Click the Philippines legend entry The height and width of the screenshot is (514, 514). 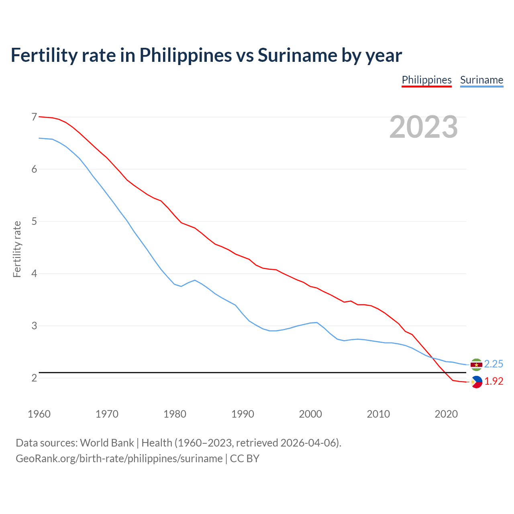click(x=426, y=80)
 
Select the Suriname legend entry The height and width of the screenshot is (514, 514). click(x=481, y=80)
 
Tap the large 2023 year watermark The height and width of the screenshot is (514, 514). click(x=423, y=127)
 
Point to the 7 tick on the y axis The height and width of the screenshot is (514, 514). click(x=34, y=117)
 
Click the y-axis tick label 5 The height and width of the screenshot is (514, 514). click(x=34, y=221)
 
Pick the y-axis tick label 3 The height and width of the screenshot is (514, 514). click(x=34, y=326)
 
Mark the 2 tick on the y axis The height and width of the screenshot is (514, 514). click(x=34, y=378)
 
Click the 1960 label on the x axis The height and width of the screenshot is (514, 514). click(x=39, y=414)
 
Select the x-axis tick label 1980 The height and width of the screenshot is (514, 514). click(x=175, y=414)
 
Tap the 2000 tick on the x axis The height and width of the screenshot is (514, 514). click(x=310, y=414)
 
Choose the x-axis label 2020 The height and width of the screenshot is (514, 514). click(x=446, y=414)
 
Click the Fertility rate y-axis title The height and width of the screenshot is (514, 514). click(x=17, y=249)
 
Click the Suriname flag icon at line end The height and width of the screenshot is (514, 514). click(x=476, y=364)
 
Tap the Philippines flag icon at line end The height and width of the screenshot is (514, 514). click(x=476, y=382)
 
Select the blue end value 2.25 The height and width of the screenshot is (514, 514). click(x=494, y=364)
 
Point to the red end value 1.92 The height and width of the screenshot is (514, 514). click(x=494, y=381)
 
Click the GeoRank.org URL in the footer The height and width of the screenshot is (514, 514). click(x=119, y=459)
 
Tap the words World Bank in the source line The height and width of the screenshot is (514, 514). click(x=107, y=443)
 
